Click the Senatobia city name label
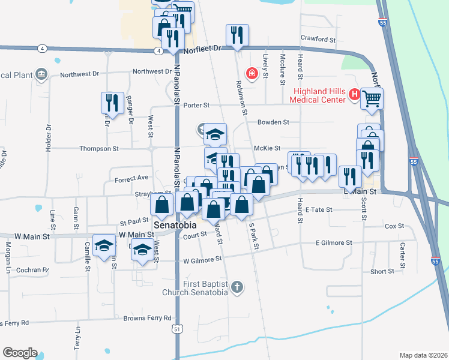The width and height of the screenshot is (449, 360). point(176,226)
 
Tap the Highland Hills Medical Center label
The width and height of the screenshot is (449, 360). point(320,95)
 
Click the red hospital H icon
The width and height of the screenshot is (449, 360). point(355,95)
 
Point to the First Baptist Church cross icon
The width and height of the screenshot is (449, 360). point(237,287)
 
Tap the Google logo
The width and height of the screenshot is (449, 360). point(20,353)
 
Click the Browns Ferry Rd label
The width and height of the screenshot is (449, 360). point(146,318)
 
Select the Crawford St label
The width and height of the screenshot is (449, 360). point(318,39)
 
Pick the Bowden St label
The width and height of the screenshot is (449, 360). point(273,122)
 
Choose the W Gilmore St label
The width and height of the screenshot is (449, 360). point(202,260)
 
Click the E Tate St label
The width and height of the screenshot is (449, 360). point(319,210)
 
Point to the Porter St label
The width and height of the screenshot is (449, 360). point(196,105)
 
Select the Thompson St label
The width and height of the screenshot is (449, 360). point(100,148)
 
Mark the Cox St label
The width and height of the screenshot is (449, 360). point(394,226)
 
